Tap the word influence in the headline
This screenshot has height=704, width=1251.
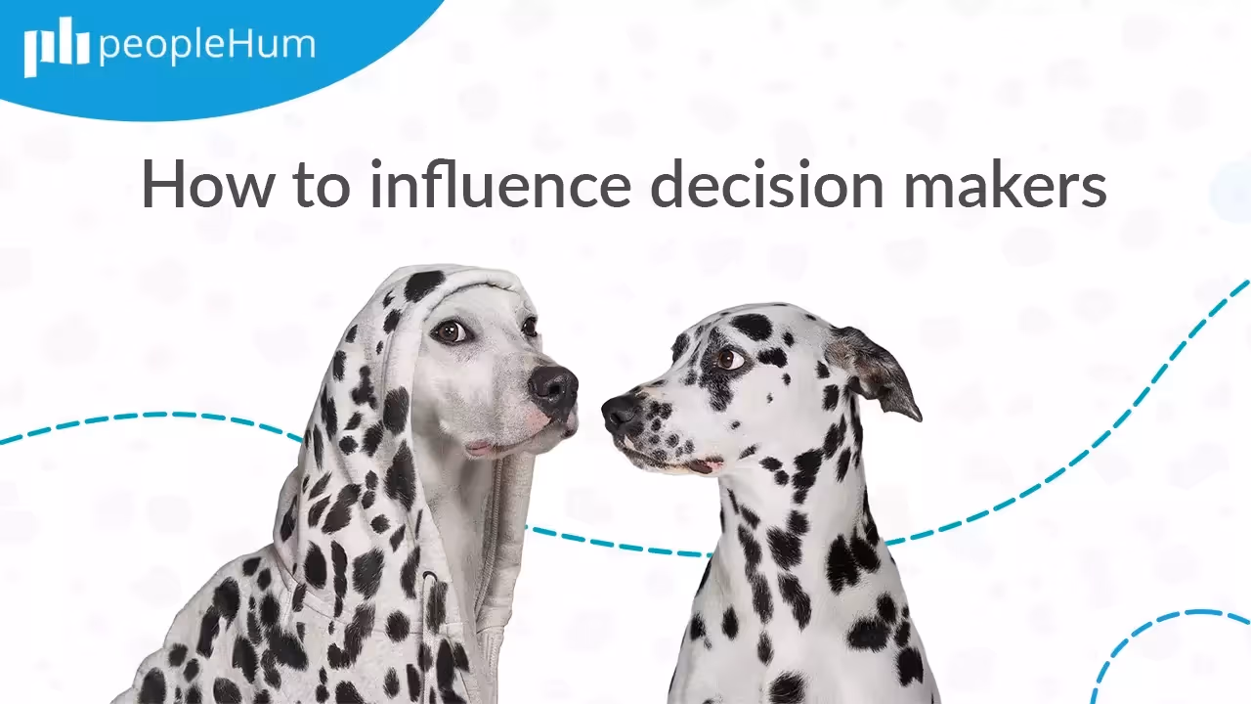click(x=499, y=184)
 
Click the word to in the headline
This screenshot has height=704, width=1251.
click(x=319, y=184)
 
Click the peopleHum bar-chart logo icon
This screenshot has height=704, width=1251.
click(x=56, y=47)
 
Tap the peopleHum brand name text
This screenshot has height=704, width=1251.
click(x=207, y=46)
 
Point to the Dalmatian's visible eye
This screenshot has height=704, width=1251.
click(x=729, y=359)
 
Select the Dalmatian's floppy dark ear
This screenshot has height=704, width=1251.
click(x=876, y=370)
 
